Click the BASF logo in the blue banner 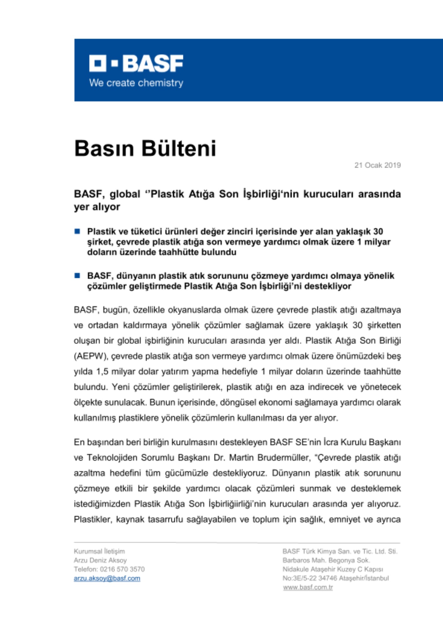(x=136, y=63)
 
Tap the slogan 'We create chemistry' (x=136, y=83)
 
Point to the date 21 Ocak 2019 (x=377, y=165)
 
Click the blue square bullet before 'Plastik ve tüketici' (x=77, y=231)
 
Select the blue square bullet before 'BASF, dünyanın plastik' (x=77, y=276)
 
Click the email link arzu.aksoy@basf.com (x=107, y=578)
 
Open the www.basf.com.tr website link (x=308, y=587)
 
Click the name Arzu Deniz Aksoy (x=100, y=560)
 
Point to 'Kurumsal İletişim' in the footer (x=99, y=551)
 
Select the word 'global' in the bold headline (x=124, y=194)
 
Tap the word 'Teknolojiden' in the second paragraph (x=112, y=458)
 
